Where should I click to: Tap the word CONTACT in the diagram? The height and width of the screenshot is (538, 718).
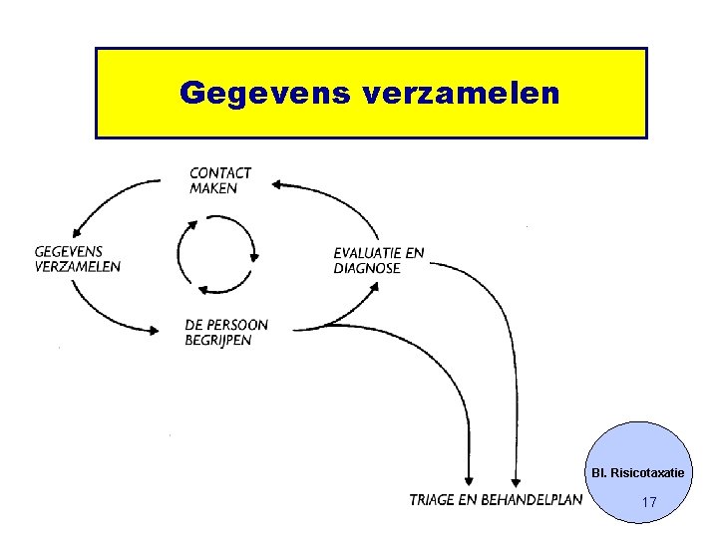[220, 173]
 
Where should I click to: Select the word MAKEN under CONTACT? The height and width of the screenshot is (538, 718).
[213, 187]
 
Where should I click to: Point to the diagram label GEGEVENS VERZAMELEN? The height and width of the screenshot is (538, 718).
[78, 259]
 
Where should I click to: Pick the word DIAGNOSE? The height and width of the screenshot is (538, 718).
[367, 268]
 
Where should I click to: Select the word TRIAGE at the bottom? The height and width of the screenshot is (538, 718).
[433, 499]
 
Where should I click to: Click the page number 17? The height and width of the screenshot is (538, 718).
[648, 503]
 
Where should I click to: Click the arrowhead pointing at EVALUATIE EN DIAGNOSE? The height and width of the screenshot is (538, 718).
[375, 286]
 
